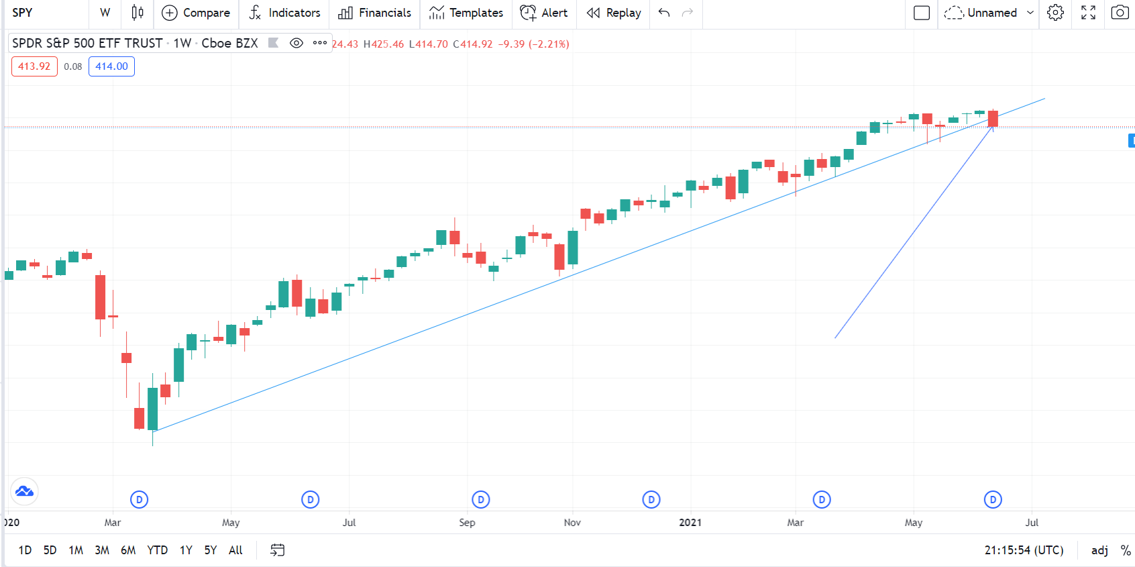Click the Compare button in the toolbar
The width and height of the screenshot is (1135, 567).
pyautogui.click(x=196, y=13)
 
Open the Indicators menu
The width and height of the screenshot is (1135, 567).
pyautogui.click(x=284, y=13)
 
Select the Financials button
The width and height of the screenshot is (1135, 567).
pyautogui.click(x=374, y=13)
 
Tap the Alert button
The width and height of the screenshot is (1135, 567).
pyautogui.click(x=544, y=13)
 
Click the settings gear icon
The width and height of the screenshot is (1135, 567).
pyautogui.click(x=1055, y=13)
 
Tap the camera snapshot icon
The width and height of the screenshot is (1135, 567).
pyautogui.click(x=1120, y=13)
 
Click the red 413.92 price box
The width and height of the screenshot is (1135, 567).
pyautogui.click(x=34, y=66)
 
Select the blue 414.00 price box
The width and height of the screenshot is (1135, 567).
pyautogui.click(x=111, y=66)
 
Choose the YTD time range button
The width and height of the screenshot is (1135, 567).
pyautogui.click(x=158, y=550)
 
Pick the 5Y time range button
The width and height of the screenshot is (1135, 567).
pyautogui.click(x=211, y=550)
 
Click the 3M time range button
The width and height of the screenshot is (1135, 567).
pyautogui.click(x=102, y=550)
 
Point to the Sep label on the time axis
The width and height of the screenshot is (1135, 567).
pyautogui.click(x=467, y=523)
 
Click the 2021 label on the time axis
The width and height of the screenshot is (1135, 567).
pyautogui.click(x=690, y=523)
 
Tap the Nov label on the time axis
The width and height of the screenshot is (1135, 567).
pyautogui.click(x=572, y=523)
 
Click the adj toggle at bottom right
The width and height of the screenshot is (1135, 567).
pyautogui.click(x=1099, y=550)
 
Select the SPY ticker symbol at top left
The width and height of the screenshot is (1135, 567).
pyautogui.click(x=22, y=13)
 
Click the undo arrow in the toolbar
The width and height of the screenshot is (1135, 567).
pyautogui.click(x=664, y=13)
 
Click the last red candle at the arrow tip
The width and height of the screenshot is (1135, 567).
pyautogui.click(x=993, y=119)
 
